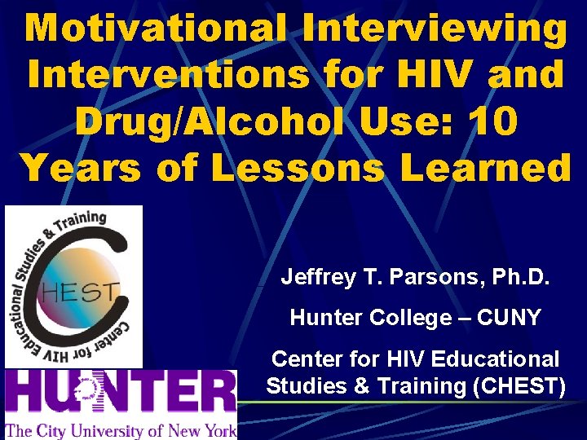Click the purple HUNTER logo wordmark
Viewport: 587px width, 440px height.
[x=121, y=394]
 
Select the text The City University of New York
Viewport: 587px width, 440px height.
[x=121, y=429]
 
